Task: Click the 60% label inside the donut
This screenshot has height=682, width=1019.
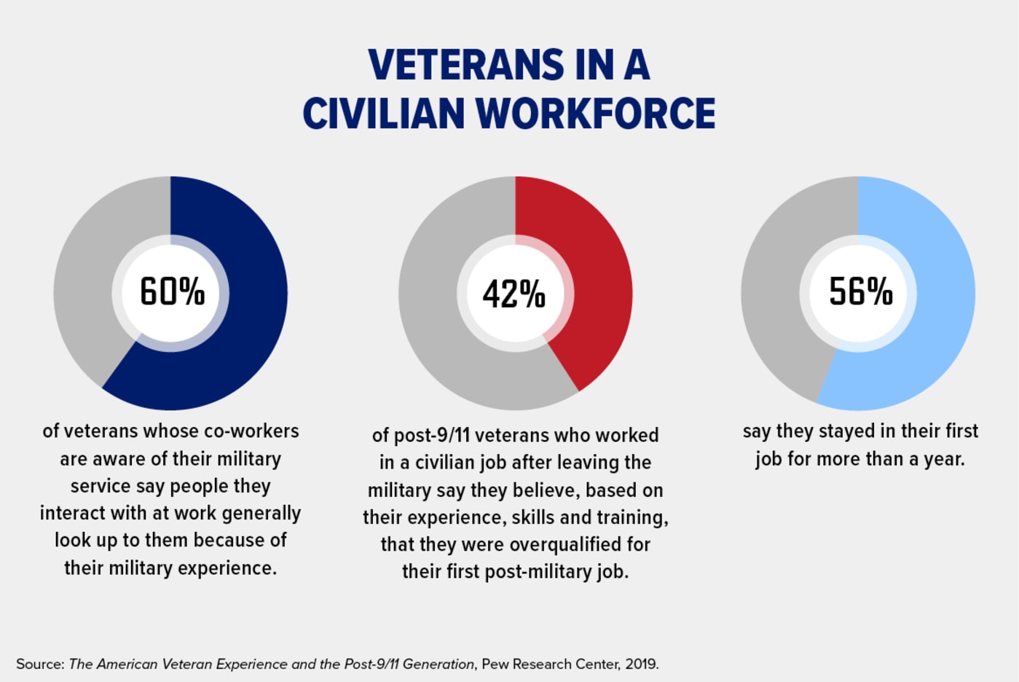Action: pyautogui.click(x=172, y=292)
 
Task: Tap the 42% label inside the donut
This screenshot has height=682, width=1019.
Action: pyautogui.click(x=514, y=294)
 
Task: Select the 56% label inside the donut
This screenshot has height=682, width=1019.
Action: pyautogui.click(x=861, y=291)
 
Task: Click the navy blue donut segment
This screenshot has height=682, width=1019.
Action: pyautogui.click(x=248, y=321)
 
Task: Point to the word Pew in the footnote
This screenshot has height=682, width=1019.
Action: pyautogui.click(x=495, y=665)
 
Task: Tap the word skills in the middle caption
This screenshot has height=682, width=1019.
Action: pyautogui.click(x=534, y=518)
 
